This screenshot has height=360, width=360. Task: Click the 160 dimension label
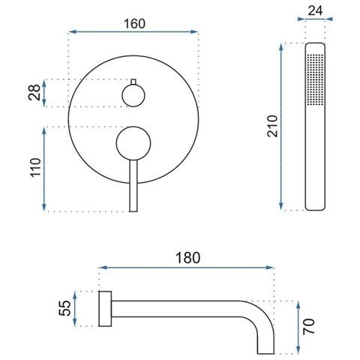coord(134,24)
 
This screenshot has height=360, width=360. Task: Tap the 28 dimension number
coord(34,92)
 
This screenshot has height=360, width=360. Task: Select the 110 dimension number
coord(35,168)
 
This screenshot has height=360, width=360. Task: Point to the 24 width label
coord(315,10)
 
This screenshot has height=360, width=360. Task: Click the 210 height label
coord(272,126)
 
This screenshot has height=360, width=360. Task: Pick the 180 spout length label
coord(187,258)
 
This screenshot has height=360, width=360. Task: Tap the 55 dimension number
coord(64,308)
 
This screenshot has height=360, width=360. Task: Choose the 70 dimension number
coord(309,326)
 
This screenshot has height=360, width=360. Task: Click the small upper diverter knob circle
coord(133,95)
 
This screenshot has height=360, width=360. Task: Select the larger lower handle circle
coord(133,143)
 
